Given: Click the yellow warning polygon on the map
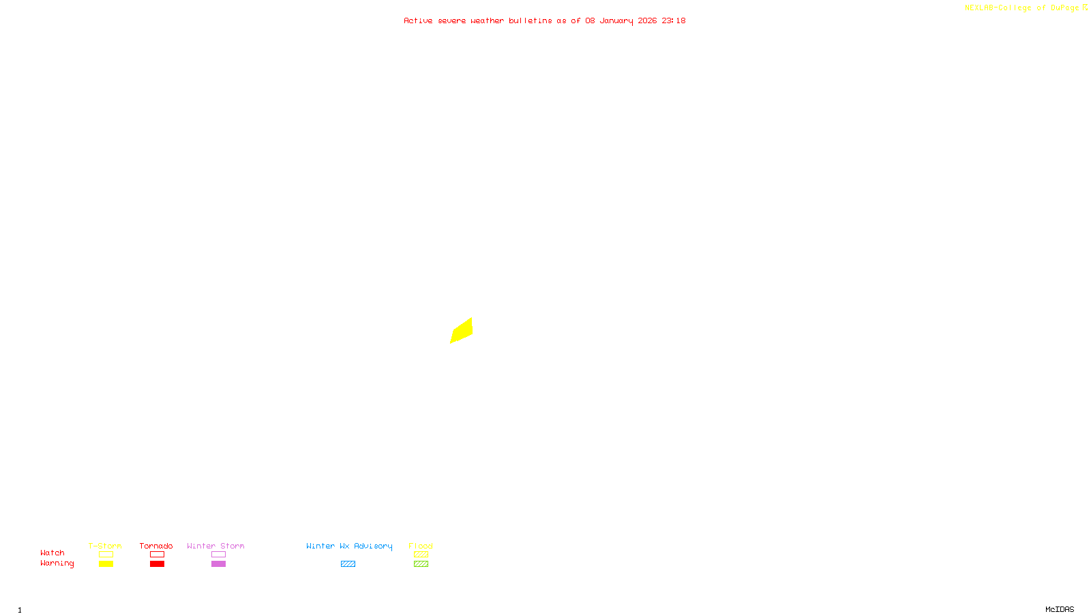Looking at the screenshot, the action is pyautogui.click(x=462, y=331).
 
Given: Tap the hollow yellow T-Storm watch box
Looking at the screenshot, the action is pyautogui.click(x=106, y=555).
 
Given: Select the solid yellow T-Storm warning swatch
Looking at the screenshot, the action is pyautogui.click(x=106, y=564).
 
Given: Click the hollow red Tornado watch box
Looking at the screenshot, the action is pyautogui.click(x=157, y=555).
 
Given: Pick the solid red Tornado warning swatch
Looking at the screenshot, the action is pyautogui.click(x=157, y=564).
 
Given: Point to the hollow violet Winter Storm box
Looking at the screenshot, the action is pyautogui.click(x=218, y=555).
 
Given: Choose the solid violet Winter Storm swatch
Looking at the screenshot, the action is pyautogui.click(x=218, y=564).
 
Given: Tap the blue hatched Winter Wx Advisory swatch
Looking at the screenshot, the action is pyautogui.click(x=348, y=564).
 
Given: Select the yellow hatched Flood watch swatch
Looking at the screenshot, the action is pyautogui.click(x=421, y=555).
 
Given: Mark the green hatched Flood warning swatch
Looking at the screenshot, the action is pyautogui.click(x=421, y=564).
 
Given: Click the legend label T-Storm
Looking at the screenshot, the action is pyautogui.click(x=105, y=546).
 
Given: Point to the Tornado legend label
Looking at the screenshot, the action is pyautogui.click(x=156, y=546).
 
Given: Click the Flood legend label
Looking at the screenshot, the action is pyautogui.click(x=421, y=546).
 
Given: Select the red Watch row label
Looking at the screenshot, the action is pyautogui.click(x=53, y=553).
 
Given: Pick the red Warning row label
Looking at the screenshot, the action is pyautogui.click(x=57, y=564).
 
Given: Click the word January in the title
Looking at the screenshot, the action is pyautogui.click(x=616, y=20).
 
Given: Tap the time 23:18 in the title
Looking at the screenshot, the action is pyautogui.click(x=674, y=20).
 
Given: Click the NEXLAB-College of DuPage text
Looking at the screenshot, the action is pyautogui.click(x=1021, y=8).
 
